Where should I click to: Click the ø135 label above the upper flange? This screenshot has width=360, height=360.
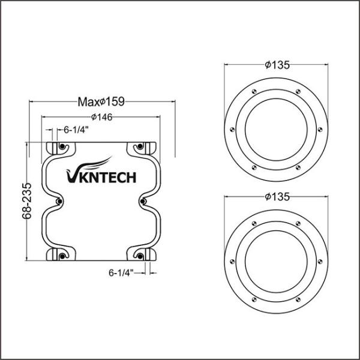(277, 65)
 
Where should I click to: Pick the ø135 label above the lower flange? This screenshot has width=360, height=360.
(277, 196)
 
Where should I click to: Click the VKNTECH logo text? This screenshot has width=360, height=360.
(100, 175)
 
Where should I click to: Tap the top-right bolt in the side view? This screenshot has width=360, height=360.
(139, 146)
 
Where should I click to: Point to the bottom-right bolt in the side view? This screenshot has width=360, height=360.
(139, 257)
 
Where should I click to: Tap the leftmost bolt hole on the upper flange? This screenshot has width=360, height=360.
(229, 128)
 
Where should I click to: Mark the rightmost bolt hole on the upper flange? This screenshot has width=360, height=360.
(324, 128)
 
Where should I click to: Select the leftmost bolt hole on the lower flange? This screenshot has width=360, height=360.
(229, 259)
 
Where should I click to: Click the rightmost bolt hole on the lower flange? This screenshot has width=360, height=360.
(324, 259)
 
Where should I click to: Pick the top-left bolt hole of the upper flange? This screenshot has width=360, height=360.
(255, 91)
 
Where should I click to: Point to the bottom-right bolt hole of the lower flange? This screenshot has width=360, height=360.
(298, 296)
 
